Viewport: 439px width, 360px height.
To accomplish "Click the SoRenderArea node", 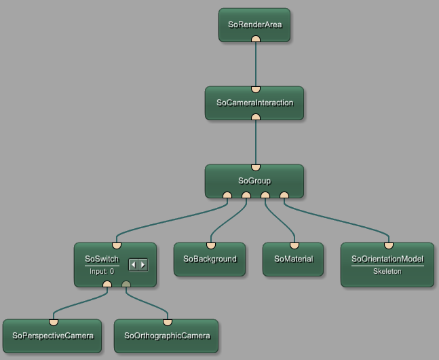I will pyautogui.click(x=254, y=24).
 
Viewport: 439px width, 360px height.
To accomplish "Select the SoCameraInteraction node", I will pyautogui.click(x=254, y=103).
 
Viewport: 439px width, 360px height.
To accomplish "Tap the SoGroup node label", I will pyautogui.click(x=254, y=181).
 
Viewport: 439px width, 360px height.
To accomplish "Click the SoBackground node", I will pyautogui.click(x=210, y=259).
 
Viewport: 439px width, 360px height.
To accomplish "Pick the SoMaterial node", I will pyautogui.click(x=293, y=259).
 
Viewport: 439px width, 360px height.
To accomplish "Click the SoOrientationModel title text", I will pyautogui.click(x=387, y=259).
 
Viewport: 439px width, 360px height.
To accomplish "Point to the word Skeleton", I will pyautogui.click(x=387, y=271).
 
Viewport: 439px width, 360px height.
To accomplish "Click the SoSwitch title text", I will pyautogui.click(x=102, y=259).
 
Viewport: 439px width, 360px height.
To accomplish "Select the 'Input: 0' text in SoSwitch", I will pyautogui.click(x=102, y=271).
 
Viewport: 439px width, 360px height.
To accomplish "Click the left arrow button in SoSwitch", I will pyautogui.click(x=134, y=264).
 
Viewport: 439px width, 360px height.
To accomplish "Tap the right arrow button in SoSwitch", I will pyautogui.click(x=142, y=264).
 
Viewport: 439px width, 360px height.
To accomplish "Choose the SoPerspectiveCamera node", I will pyautogui.click(x=52, y=336).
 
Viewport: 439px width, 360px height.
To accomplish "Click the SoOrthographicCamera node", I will pyautogui.click(x=167, y=336).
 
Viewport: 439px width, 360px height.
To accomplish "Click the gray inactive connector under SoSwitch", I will pyautogui.click(x=126, y=284).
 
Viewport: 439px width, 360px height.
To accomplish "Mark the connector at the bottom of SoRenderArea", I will pyautogui.click(x=256, y=39).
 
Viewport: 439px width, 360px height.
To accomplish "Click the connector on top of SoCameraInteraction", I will pyautogui.click(x=256, y=89).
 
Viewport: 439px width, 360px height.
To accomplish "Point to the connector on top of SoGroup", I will pyautogui.click(x=256, y=167).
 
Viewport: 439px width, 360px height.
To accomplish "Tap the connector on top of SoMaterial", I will pyautogui.click(x=294, y=245).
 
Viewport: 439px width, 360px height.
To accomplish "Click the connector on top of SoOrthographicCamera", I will pyautogui.click(x=168, y=322).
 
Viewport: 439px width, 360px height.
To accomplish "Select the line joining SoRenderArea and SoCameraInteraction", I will pyautogui.click(x=256, y=65).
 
